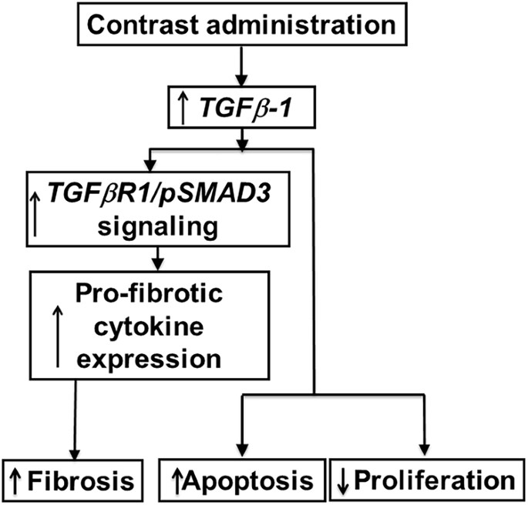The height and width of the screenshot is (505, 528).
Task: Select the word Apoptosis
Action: pyautogui.click(x=251, y=481)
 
